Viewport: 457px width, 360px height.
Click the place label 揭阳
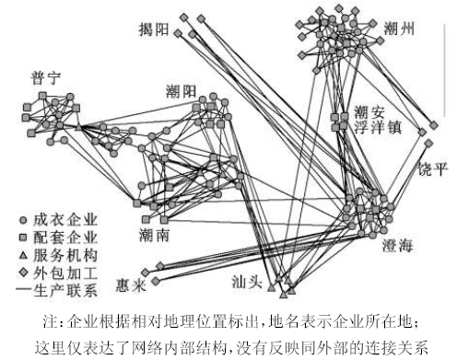154,29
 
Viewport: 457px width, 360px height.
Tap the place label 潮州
399,29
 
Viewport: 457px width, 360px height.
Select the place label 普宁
46,78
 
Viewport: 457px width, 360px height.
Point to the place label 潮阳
182,91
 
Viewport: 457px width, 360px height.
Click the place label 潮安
369,111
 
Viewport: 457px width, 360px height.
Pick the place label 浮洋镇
378,127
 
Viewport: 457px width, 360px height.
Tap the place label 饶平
433,168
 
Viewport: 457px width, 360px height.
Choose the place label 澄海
397,246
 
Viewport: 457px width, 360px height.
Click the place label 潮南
154,236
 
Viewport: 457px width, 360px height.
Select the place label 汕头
247,282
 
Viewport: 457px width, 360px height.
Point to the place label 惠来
131,286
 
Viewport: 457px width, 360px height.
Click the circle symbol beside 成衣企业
23,220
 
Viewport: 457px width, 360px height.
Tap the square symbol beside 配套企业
23,238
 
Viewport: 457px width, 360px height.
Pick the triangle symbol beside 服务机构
23,255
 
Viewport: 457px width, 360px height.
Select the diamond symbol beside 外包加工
23,273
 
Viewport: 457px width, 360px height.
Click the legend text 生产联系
65,290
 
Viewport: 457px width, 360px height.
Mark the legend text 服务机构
65,255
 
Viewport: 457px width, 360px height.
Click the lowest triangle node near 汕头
283,295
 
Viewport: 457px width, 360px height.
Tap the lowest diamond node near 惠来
156,281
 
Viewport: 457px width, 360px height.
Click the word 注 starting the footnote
50,321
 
